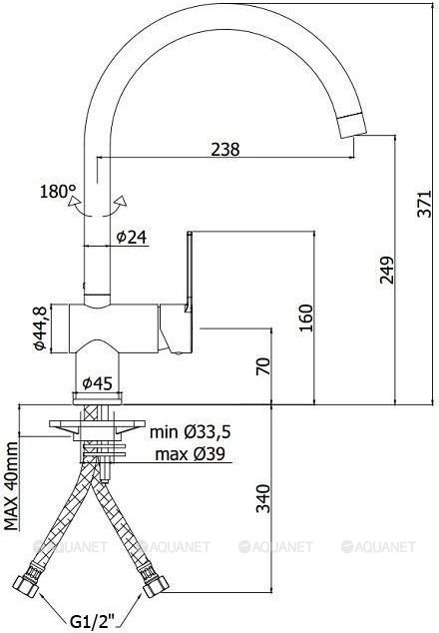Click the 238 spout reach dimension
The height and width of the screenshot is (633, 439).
coord(225,150)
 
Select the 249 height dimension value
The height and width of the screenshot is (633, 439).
coord(386,270)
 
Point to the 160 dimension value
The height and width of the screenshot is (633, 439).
coord(305,317)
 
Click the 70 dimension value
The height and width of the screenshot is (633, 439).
coord(262,366)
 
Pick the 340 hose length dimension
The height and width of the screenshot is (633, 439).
coord(262,498)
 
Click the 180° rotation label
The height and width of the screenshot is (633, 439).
coord(58,191)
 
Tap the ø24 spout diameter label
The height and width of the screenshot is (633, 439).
coord(132,237)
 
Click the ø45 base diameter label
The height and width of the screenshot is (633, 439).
coord(97,383)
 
